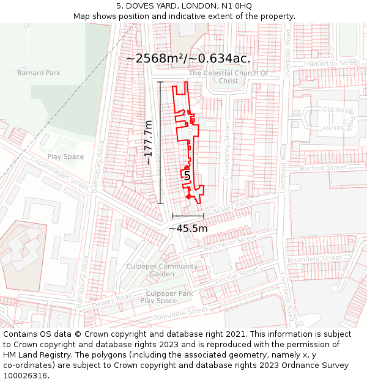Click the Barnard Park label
(39, 73)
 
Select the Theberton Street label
(331, 63)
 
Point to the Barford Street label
(324, 167)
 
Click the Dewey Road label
(112, 300)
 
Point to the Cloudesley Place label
(226, 209)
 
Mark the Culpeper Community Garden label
(161, 270)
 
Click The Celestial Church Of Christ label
(228, 77)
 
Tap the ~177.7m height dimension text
(149, 142)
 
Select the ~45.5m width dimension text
(188, 229)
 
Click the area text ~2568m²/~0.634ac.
(188, 59)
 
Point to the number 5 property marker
(187, 176)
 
